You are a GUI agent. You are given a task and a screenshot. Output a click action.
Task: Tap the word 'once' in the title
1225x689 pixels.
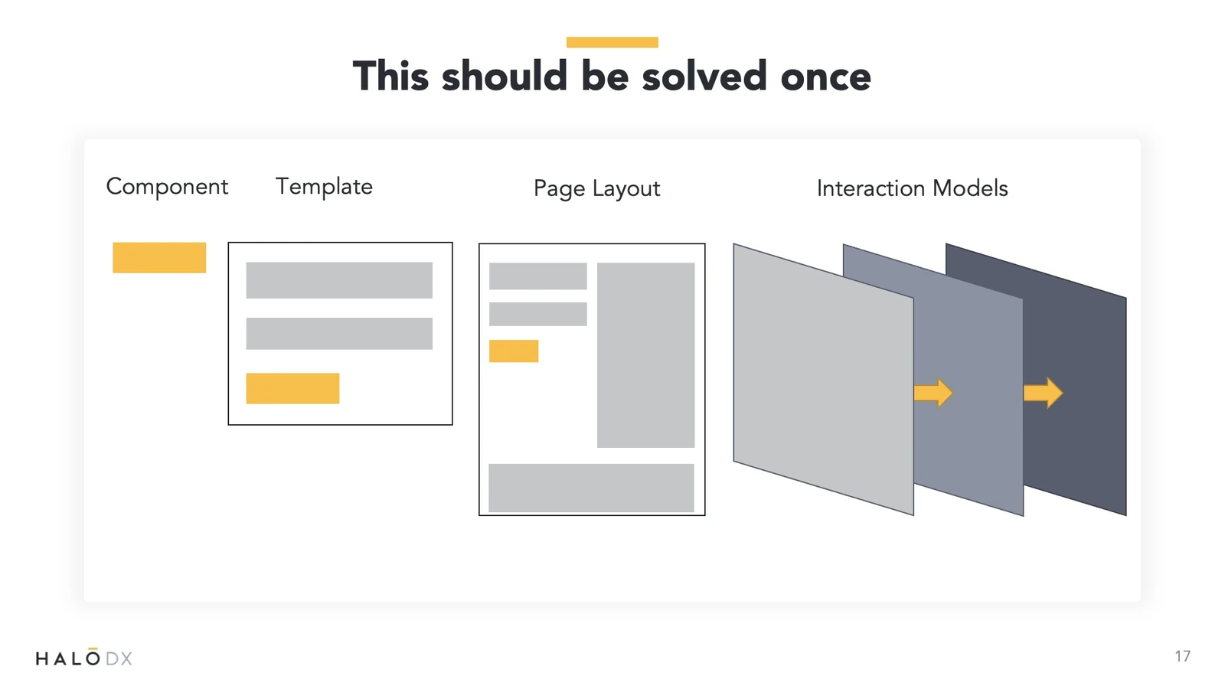(x=826, y=77)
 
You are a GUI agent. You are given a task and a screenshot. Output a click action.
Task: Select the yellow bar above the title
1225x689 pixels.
(x=612, y=42)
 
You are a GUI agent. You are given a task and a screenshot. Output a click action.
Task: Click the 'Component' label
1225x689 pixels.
(x=167, y=187)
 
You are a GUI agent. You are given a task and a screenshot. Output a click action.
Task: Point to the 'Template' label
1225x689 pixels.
(x=324, y=187)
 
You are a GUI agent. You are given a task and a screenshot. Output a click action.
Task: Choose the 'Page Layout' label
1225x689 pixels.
(x=596, y=188)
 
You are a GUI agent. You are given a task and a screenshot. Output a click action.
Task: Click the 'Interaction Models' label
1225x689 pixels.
(x=912, y=188)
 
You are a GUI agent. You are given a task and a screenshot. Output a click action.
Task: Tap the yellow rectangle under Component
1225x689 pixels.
(x=159, y=257)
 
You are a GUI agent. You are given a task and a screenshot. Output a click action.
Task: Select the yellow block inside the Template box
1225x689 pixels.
(x=292, y=388)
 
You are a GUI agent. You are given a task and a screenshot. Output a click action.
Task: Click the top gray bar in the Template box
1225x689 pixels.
(x=339, y=280)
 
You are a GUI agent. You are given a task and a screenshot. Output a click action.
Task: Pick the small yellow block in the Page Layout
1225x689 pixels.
(x=514, y=351)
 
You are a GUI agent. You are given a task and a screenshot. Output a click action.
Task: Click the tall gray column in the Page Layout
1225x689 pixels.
(x=646, y=355)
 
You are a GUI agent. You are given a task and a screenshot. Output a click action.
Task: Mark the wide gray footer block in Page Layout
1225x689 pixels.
(x=591, y=488)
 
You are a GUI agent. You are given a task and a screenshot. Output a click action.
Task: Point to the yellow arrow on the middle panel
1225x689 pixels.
(x=933, y=393)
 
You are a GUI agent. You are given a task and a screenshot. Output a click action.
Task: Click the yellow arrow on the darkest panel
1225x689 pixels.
(x=1043, y=393)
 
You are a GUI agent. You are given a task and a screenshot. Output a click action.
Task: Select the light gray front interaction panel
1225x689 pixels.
(x=823, y=380)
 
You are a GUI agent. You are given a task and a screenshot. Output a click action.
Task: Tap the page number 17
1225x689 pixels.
(x=1182, y=656)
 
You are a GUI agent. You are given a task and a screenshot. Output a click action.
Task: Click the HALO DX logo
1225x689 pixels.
(x=83, y=657)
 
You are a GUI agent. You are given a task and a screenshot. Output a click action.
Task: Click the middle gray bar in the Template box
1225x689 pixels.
(x=339, y=334)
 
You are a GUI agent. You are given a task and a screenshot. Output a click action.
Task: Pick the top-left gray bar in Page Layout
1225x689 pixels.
(x=538, y=276)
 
